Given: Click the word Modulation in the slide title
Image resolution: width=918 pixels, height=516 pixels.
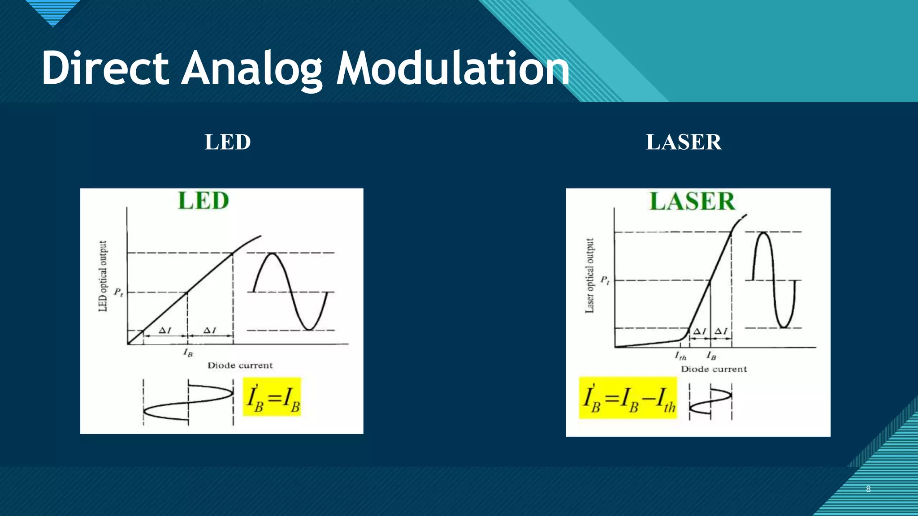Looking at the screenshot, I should click(453, 69).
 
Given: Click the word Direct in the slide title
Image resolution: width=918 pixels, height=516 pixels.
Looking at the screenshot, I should click(105, 69).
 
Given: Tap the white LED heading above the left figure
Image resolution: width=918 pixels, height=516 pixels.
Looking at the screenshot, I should click(228, 142).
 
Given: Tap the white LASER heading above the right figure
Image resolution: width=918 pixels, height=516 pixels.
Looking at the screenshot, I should click(684, 142).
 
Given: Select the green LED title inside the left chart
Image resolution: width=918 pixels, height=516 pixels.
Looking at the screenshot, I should click(204, 201).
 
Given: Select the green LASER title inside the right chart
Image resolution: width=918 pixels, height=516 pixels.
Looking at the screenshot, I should click(693, 201).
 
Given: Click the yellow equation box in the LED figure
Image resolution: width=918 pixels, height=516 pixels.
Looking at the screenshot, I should click(272, 397).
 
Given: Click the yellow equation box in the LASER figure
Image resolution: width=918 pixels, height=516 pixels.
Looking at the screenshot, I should click(628, 398).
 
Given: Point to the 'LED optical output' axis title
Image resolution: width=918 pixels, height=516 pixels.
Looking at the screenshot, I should click(103, 276).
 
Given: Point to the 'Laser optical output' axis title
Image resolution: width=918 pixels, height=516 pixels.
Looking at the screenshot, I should click(590, 275).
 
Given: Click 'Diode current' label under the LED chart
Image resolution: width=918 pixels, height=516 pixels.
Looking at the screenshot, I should click(240, 365).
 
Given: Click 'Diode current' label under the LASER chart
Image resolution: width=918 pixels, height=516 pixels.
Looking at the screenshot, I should click(714, 369).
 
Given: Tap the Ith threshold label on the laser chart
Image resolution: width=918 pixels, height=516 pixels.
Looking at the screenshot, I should click(680, 356).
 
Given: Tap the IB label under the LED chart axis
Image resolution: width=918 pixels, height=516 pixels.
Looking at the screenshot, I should click(188, 353).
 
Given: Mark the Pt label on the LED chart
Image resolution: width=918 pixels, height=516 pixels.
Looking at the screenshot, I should click(118, 292).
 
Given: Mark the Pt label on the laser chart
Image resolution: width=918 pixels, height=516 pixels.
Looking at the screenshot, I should click(605, 280).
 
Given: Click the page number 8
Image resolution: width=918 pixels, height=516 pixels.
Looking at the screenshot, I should click(868, 489).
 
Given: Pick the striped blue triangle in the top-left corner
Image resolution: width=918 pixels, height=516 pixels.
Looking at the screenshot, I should click(53, 12).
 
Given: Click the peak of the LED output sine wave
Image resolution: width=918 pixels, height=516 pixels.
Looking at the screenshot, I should click(272, 254).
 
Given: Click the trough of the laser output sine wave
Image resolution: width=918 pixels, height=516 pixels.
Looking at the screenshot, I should click(784, 327).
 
